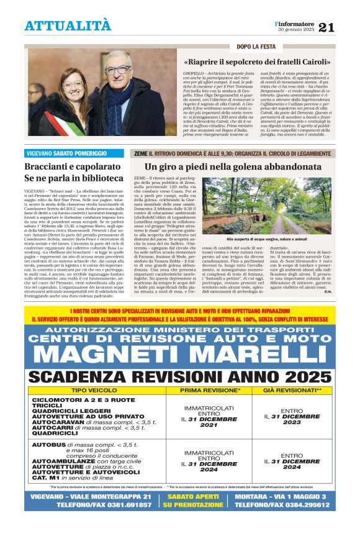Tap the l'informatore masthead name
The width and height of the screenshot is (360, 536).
[x=295, y=24]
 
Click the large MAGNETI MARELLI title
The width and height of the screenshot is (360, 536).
[x=180, y=355]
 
